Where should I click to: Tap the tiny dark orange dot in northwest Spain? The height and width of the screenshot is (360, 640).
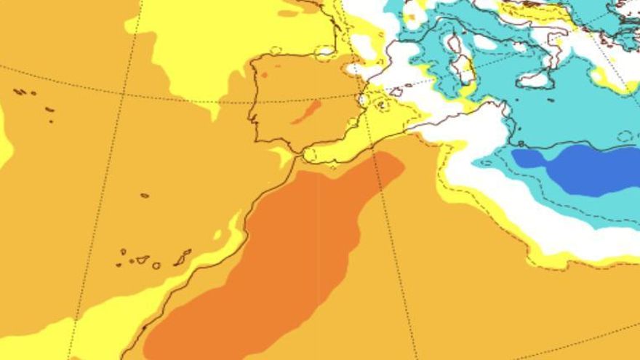(x=265, y=75)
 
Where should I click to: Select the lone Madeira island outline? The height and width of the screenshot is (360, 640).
(x=145, y=195)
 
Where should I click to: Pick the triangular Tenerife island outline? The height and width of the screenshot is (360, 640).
(x=143, y=260)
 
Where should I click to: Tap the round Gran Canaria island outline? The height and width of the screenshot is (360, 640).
(x=156, y=265)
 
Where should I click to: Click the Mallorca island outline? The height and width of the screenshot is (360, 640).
(x=396, y=92)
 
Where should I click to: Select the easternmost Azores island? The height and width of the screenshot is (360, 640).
(x=49, y=110)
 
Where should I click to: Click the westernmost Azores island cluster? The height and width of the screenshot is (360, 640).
(x=20, y=92)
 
